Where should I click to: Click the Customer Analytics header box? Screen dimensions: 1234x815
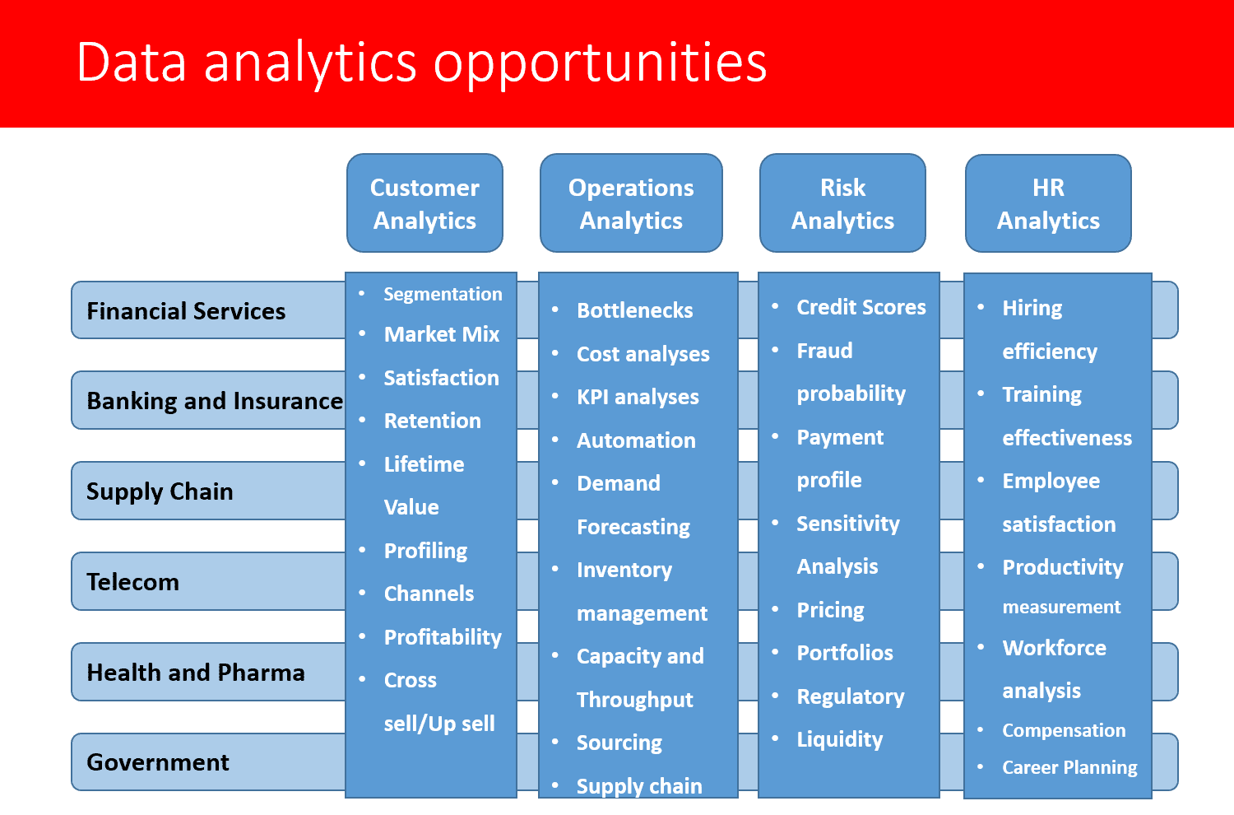tap(424, 203)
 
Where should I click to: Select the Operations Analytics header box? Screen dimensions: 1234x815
tap(631, 203)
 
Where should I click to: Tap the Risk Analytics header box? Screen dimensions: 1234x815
tap(842, 203)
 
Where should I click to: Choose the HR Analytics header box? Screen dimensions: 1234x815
tap(1048, 203)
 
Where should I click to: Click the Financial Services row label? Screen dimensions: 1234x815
tap(186, 311)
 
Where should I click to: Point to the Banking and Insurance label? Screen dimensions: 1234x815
tap(215, 401)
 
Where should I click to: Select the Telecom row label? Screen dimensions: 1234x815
tap(132, 582)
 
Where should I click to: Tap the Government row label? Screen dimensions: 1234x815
tap(158, 762)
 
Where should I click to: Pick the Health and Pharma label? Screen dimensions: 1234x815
tap(196, 673)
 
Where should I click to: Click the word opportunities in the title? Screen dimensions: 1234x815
tap(600, 63)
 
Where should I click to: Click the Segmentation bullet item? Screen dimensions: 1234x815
tap(443, 294)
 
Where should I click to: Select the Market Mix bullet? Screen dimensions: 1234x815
tap(441, 334)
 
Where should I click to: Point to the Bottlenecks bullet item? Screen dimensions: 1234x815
tap(634, 310)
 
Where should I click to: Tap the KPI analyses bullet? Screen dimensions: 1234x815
tap(638, 397)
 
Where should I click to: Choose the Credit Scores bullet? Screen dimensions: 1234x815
tap(861, 307)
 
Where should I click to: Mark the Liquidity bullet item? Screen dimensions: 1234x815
tap(840, 739)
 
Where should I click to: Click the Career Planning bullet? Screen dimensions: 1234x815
tap(1069, 767)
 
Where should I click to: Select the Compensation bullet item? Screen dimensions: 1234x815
tap(1064, 731)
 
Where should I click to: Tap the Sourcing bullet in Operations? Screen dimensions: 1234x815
tap(619, 743)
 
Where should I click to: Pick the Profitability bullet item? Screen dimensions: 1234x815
tap(443, 637)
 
